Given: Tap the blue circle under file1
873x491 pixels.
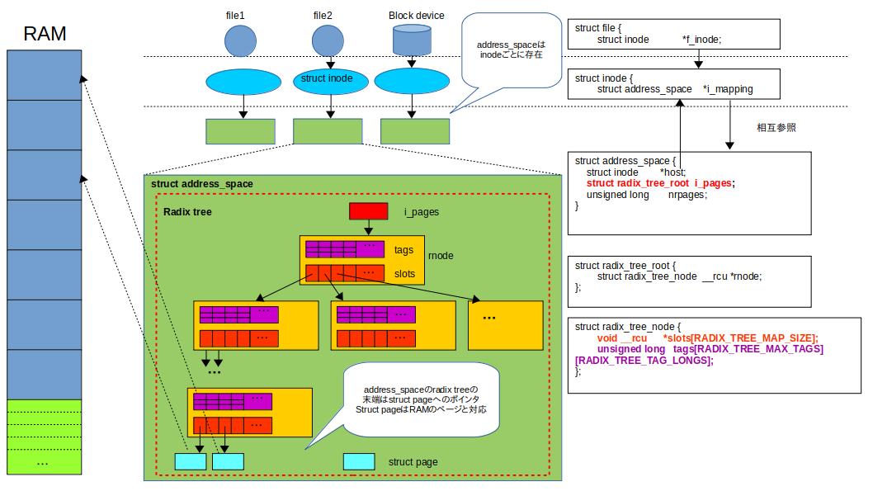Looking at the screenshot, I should (241, 40).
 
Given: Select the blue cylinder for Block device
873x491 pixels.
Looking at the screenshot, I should (414, 40).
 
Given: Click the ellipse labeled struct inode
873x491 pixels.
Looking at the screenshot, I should (328, 80).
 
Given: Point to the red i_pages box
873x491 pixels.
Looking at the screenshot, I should (369, 212).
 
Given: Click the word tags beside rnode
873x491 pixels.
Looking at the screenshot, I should (403, 250).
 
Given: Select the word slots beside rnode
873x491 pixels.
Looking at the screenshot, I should (404, 273).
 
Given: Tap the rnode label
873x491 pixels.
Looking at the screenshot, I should (441, 256).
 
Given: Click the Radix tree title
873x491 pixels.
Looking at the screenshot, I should (187, 212).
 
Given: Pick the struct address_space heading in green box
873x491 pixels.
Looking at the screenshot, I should (202, 183).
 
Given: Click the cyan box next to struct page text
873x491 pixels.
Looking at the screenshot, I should (359, 462).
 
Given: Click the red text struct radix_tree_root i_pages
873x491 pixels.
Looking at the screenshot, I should (660, 183).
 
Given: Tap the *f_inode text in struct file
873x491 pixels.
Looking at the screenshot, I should (701, 40).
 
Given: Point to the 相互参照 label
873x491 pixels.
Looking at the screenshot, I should (776, 129).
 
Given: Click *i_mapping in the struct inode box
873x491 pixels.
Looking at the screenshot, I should (728, 89).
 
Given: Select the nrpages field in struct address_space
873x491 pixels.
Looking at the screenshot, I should (688, 195).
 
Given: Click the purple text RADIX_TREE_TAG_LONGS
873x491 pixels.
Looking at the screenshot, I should (644, 361).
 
